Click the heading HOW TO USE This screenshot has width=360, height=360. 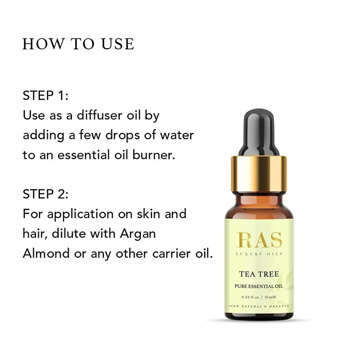tap(78, 44)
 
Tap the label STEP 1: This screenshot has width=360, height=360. tap(45, 96)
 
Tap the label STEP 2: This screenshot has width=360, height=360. tap(45, 194)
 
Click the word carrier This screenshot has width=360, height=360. tap(172, 253)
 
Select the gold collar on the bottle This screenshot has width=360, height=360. tap(259, 174)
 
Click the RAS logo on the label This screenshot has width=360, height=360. tap(259, 240)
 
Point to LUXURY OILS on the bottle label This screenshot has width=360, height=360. tap(259, 254)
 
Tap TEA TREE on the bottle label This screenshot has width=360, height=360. tap(259, 274)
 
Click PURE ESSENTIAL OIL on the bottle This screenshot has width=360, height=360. tap(259, 286)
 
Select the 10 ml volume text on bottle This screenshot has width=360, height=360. tap(270, 297)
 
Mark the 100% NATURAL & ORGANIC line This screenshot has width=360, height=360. tap(259, 306)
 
